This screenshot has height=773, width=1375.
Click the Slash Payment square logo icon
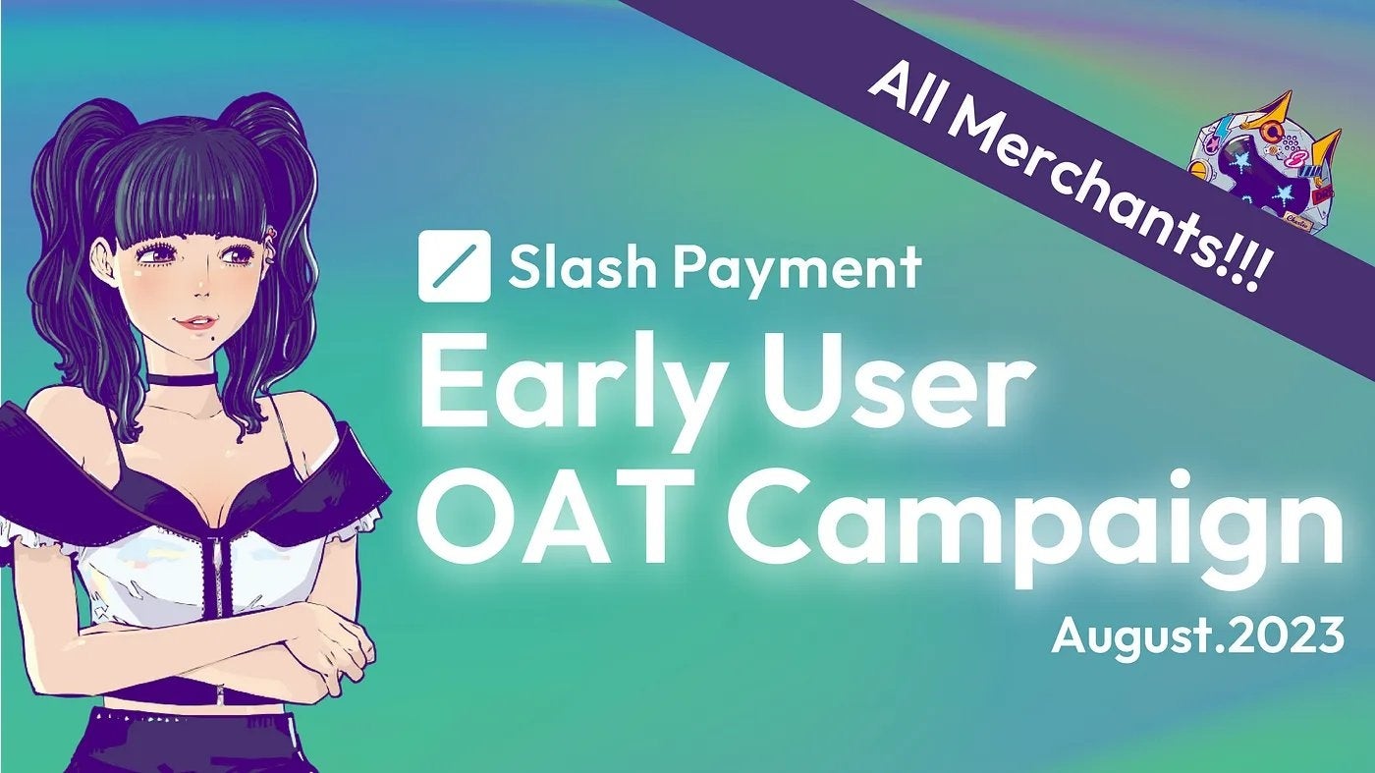point(454,266)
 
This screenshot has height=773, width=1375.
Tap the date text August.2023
point(1197,635)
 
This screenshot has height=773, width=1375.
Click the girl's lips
point(198,321)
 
